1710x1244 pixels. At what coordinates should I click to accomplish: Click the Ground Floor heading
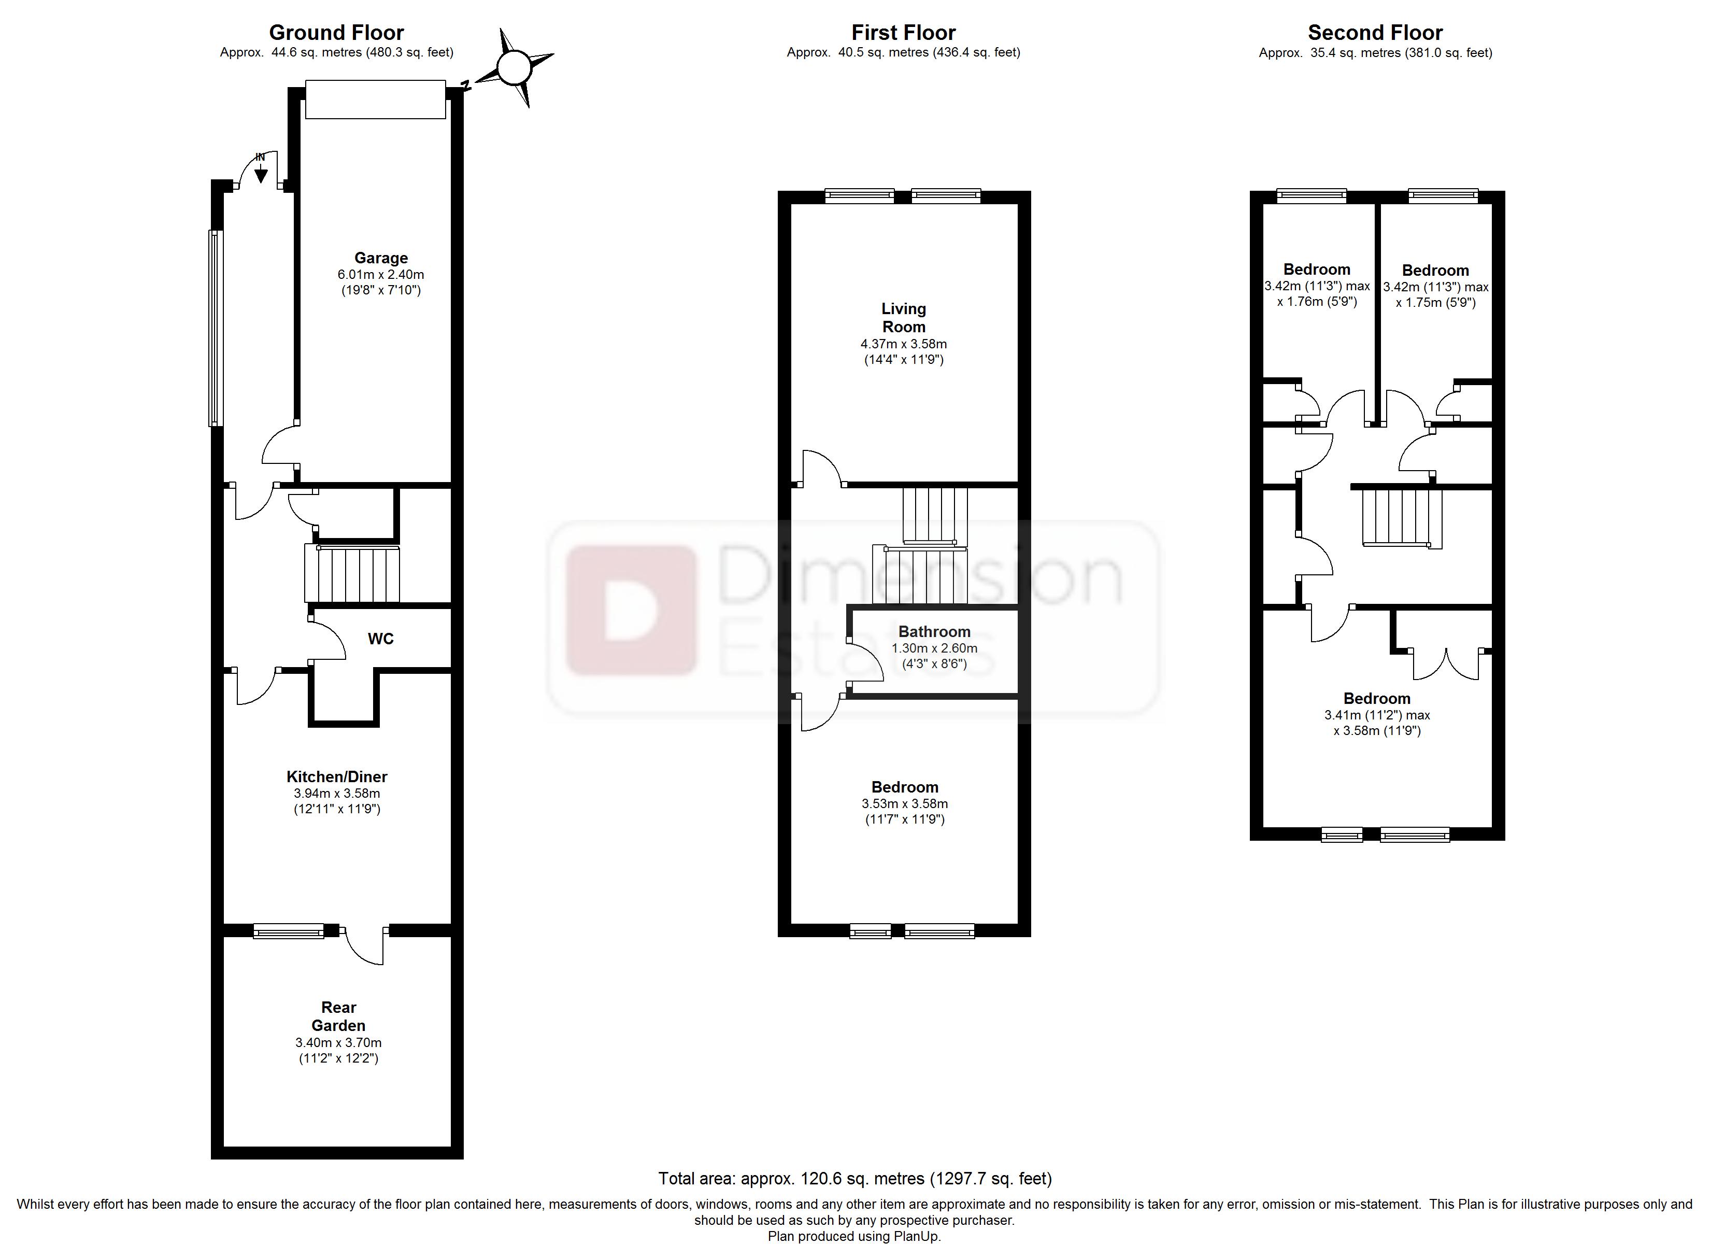point(336,33)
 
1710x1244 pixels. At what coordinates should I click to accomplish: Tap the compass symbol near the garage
point(515,68)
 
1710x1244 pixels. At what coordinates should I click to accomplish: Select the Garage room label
point(381,258)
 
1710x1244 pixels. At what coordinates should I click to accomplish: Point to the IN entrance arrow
point(260,172)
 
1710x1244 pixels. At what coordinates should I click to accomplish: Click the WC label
point(381,639)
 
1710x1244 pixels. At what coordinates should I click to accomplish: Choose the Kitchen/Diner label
point(337,776)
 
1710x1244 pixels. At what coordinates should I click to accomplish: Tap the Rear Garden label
point(338,1016)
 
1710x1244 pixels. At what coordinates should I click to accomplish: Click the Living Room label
point(903,318)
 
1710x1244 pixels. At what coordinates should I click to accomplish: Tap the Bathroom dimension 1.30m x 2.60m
point(934,648)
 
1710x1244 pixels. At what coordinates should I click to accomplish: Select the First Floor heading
point(903,33)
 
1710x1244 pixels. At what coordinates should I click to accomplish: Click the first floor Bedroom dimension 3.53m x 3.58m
point(905,803)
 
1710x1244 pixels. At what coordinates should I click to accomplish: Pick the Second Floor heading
point(1375,33)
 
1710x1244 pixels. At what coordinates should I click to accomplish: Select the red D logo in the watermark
point(631,610)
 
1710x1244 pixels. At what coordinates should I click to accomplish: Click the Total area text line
point(854,1178)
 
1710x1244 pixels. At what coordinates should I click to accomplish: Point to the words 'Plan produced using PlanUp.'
point(854,1236)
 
